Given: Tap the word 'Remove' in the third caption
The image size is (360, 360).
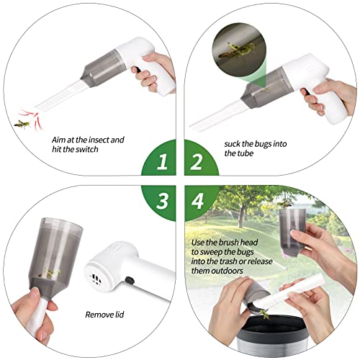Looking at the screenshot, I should coord(100,314).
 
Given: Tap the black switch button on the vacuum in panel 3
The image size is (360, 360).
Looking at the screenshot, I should coord(127,282).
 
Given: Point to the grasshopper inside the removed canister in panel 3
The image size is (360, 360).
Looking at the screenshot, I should coord(51,271).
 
